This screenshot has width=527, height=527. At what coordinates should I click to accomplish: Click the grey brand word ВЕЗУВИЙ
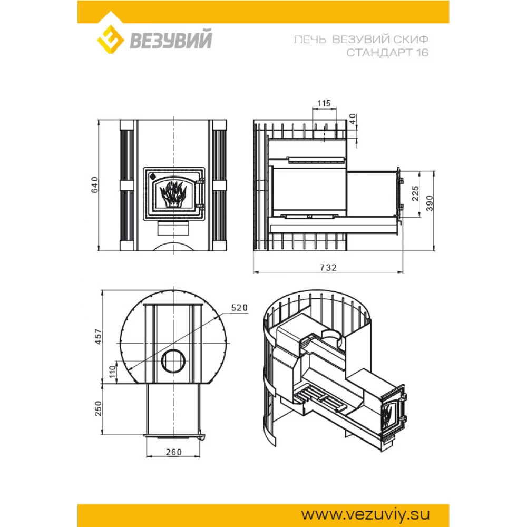pos(171,40)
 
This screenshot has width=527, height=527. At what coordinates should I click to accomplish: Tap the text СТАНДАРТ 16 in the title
pos(387,53)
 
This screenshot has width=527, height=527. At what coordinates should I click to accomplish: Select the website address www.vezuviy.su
pos(365,514)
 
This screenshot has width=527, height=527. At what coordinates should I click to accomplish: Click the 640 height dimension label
pos(95,184)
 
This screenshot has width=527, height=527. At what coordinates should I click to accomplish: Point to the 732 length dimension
pos(328,268)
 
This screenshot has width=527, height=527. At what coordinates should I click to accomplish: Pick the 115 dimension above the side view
pos(324,103)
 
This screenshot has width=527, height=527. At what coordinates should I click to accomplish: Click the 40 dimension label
pos(352,119)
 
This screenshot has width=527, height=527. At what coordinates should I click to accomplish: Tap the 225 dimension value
pos(415,193)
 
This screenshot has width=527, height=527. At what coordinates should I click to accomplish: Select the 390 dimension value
pos(430,203)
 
